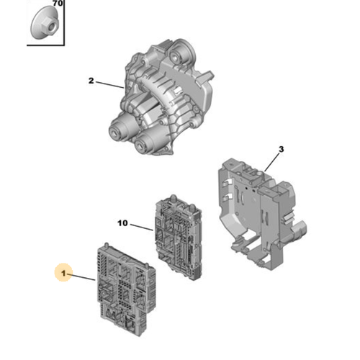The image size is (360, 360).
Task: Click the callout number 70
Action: click(x=58, y=4)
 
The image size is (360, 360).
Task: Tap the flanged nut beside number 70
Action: click(x=45, y=23)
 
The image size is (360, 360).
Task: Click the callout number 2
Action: click(x=91, y=81)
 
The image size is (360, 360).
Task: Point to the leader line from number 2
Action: click(x=110, y=85)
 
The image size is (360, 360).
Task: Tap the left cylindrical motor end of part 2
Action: click(x=117, y=132)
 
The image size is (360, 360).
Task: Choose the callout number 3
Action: click(x=281, y=149)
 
